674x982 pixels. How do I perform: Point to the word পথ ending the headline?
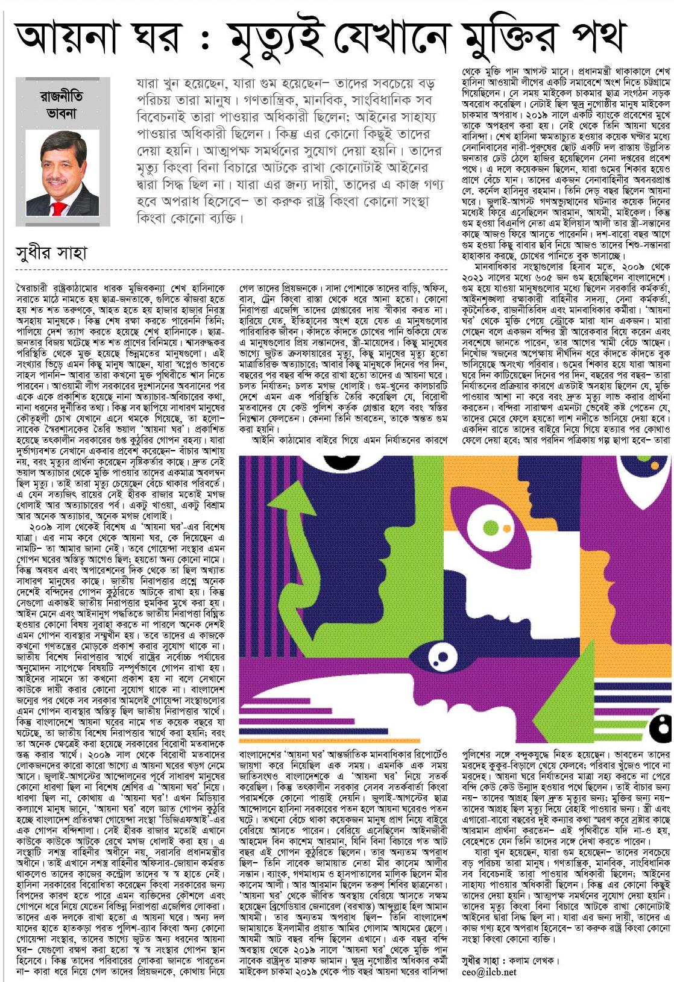click(603, 39)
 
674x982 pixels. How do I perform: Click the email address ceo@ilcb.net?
click(490, 972)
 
